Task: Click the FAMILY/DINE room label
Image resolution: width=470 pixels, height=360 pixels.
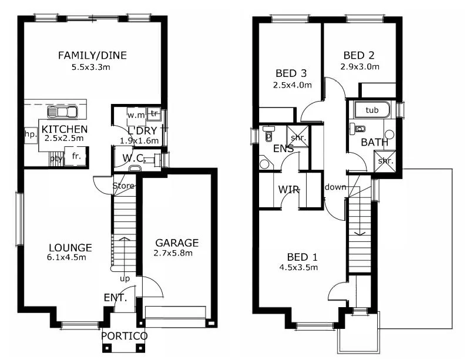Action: click(x=92, y=56)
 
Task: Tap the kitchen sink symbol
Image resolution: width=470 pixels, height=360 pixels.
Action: click(x=62, y=112)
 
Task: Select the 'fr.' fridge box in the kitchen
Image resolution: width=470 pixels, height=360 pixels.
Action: click(x=76, y=157)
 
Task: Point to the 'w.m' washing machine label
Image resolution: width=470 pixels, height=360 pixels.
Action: click(x=136, y=115)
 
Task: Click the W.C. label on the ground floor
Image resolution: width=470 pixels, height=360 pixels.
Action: click(x=134, y=157)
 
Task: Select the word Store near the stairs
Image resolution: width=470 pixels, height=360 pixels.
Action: click(x=124, y=186)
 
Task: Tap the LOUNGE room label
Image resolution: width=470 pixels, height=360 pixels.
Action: click(x=70, y=247)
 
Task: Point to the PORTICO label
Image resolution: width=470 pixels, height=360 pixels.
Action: click(x=124, y=336)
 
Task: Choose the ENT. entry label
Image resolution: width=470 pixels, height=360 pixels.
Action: click(x=116, y=298)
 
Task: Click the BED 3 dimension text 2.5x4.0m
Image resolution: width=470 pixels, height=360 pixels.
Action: click(x=292, y=85)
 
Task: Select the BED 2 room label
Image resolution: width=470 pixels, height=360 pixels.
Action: click(x=360, y=56)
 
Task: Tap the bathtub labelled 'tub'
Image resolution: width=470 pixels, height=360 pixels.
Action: click(x=372, y=110)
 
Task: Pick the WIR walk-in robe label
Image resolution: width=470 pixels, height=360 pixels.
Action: click(x=289, y=190)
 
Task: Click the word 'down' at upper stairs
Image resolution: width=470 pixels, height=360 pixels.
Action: click(x=335, y=187)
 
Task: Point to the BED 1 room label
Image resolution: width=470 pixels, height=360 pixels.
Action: click(x=303, y=257)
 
